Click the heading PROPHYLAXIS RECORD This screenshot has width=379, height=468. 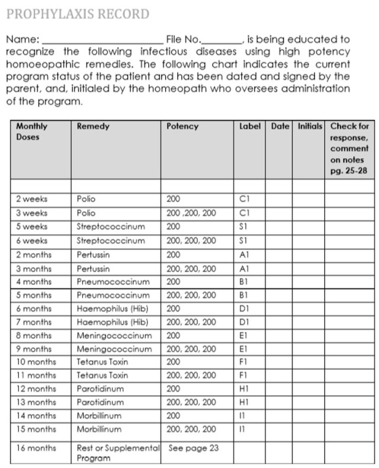(77, 14)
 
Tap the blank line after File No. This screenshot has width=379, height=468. (221, 40)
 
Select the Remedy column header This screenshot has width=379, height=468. (94, 126)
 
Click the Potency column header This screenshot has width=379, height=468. (182, 126)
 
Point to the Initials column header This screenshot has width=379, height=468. (310, 126)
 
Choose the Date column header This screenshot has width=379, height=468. (280, 126)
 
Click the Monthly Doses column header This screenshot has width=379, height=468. (32, 131)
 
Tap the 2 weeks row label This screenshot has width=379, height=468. (32, 200)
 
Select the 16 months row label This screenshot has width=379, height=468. (36, 448)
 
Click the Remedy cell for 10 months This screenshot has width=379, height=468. (102, 361)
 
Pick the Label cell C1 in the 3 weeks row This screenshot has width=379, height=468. (243, 213)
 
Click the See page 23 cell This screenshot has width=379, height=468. (194, 448)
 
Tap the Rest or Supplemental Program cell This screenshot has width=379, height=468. (118, 453)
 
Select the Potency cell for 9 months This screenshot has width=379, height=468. (191, 349)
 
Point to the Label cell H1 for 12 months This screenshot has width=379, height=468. (243, 389)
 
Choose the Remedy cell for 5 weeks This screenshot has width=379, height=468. (111, 226)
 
